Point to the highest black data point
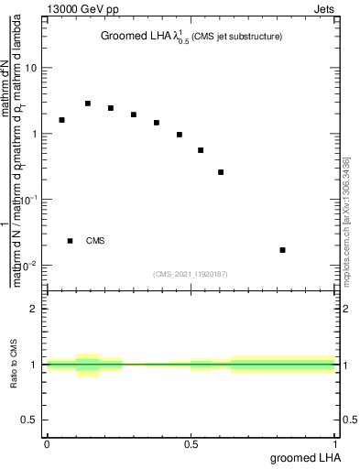coord(88,104)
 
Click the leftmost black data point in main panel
coord(61,120)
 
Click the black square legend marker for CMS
coord(70,241)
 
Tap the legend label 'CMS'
coord(95,242)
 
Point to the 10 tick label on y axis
coord(32,69)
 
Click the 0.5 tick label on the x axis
coord(191,444)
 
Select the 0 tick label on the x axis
coord(47,444)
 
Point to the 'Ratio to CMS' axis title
coord(14,365)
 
